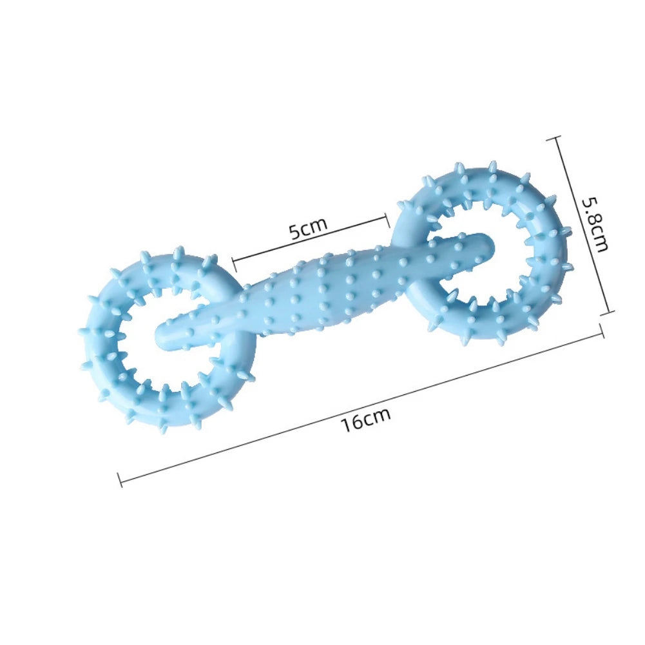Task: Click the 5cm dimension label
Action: click(x=308, y=229)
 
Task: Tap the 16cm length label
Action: click(x=366, y=419)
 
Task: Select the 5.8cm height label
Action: click(x=594, y=224)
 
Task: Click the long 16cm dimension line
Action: click(x=361, y=406)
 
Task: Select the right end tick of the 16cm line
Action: click(x=602, y=331)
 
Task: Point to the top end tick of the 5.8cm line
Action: click(x=557, y=137)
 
